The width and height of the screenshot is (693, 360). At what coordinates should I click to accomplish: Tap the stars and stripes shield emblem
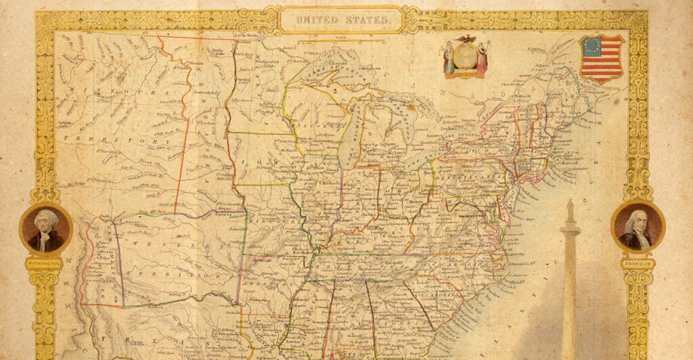click(x=601, y=58)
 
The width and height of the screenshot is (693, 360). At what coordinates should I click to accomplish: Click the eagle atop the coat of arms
click(x=466, y=40)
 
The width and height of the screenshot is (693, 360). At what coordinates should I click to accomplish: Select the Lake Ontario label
click(x=460, y=135)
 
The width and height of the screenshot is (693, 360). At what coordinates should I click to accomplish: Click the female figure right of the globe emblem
click(x=482, y=58)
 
